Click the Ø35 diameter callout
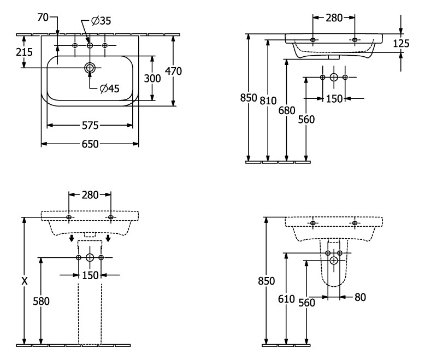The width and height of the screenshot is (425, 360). pos(102,21)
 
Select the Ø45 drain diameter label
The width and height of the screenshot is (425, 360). pos(109,88)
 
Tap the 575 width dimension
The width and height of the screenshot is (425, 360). pos(90,125)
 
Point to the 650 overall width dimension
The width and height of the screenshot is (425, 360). pos(90,144)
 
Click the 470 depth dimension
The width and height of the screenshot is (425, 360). pos(174,71)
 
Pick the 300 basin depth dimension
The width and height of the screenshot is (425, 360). pos(152,78)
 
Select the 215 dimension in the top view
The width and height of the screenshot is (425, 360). pos(24,52)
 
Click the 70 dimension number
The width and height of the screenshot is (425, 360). pos(43,17)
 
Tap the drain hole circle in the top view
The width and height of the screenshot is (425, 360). pos(90,68)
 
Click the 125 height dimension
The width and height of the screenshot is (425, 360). pos(401,43)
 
